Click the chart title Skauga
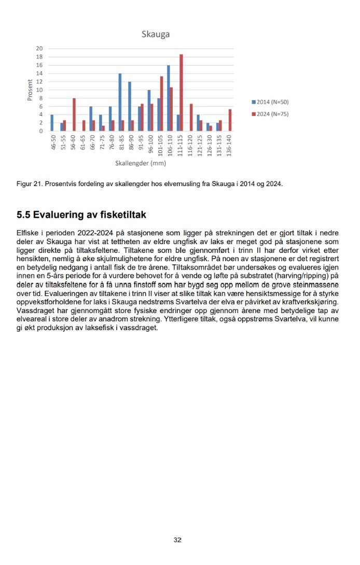[x=156, y=35]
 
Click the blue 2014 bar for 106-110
[x=168, y=98]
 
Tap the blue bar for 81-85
[x=120, y=102]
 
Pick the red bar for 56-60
[x=74, y=115]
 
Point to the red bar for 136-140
[x=230, y=120]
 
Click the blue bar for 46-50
[x=52, y=123]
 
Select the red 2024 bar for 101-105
[x=162, y=104]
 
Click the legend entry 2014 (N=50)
[x=270, y=103]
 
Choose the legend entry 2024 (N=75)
[x=270, y=114]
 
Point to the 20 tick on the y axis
[x=39, y=49]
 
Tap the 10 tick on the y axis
[x=39, y=90]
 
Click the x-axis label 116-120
[x=189, y=144]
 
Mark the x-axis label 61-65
[x=82, y=144]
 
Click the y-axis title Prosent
[x=31, y=90]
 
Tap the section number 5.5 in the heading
[x=24, y=215]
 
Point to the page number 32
[x=177, y=540]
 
